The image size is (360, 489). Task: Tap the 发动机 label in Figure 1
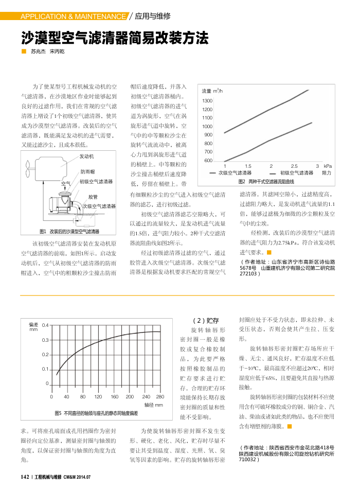pos(86,156)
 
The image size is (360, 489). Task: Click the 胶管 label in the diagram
pos(93,197)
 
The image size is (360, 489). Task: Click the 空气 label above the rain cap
pos(66,183)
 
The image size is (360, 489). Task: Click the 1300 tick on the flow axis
pos(208,101)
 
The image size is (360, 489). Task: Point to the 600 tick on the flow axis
pos(208,161)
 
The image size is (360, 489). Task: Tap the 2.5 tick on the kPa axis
pos(294,166)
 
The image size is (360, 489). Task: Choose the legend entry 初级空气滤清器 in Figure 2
pos(297,173)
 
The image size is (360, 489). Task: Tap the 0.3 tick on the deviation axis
pos(45,340)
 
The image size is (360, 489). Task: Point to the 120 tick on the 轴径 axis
pos(98,397)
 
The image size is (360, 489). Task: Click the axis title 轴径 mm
pos(154,405)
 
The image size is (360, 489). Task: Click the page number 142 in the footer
pos(24,477)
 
